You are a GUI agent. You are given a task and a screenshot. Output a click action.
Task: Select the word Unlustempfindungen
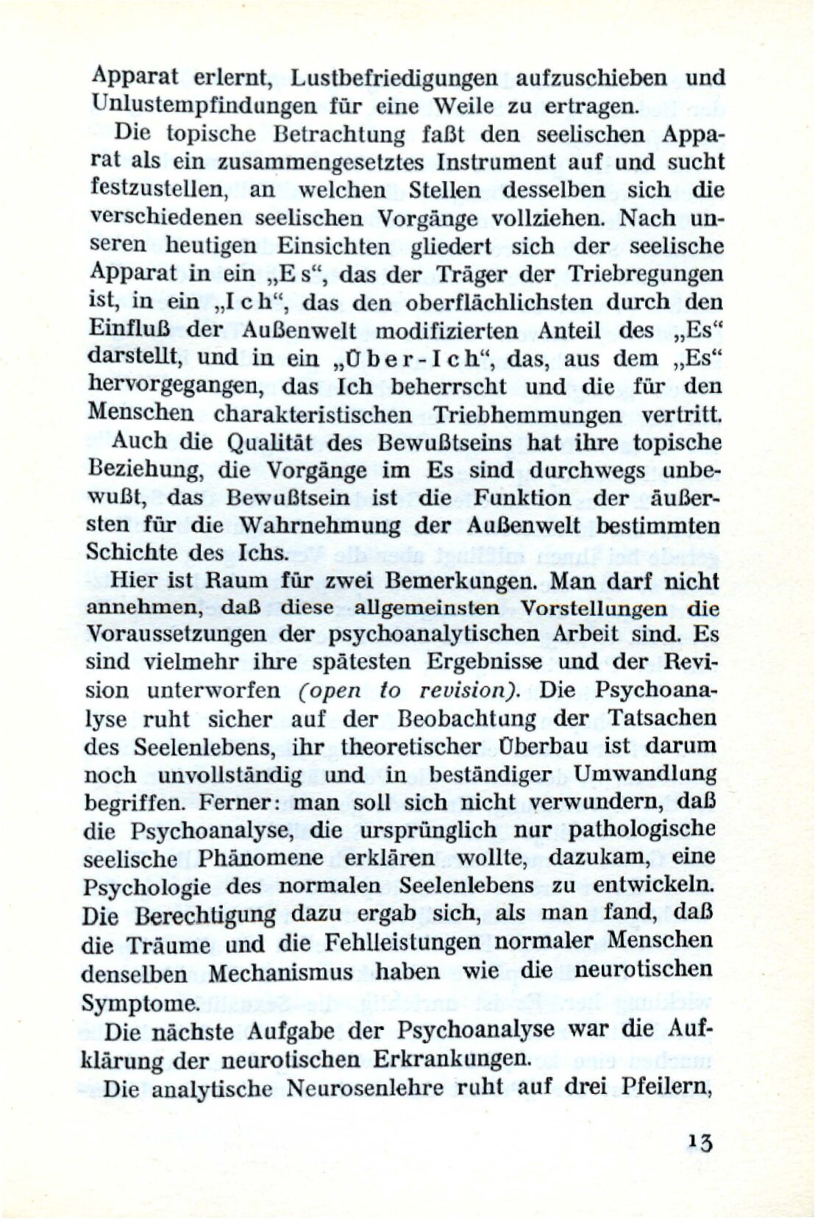[x=196, y=106]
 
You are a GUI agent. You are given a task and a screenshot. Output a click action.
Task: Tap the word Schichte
[x=132, y=553]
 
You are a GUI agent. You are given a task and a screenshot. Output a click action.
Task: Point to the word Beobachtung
[x=466, y=719]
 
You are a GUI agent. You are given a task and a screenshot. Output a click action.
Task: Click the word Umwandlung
[x=645, y=774]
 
